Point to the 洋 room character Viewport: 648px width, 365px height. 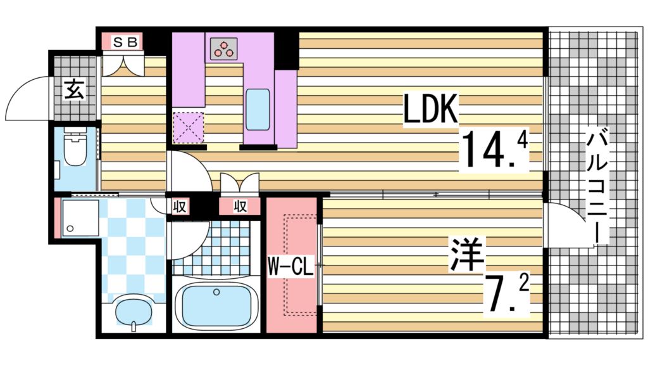pos(467,253)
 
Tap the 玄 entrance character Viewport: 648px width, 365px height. pos(74,90)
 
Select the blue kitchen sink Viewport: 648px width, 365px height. pos(258,108)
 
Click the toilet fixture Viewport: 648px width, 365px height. pos(75,150)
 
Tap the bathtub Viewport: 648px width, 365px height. pos(216,305)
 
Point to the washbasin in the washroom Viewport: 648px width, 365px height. pos(134,312)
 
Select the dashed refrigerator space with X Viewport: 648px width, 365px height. pos(188,127)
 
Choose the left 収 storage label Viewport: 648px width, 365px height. pos(179,207)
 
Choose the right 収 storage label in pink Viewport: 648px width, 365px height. pos(239,207)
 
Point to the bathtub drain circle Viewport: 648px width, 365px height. pos(217,293)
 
